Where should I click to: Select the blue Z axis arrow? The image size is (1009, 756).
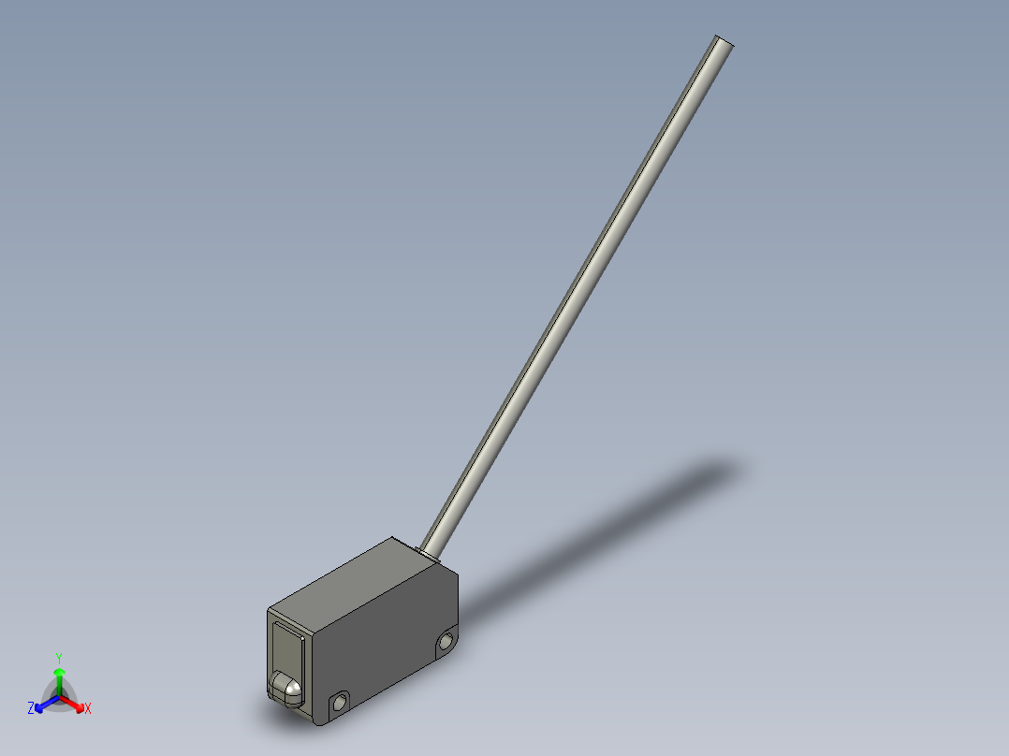pos(41,705)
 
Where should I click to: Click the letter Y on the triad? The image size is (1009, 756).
pos(59,657)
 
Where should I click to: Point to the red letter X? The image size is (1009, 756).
pos(88,709)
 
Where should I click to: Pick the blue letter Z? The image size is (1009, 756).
pos(31,709)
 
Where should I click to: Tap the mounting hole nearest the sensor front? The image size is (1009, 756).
pos(339,701)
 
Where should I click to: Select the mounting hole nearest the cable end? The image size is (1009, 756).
pos(446,641)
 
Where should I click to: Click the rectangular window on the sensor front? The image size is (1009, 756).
pos(285,645)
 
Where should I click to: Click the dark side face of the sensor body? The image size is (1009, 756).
pos(384,646)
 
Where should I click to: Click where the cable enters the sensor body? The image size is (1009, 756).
pos(431,552)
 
